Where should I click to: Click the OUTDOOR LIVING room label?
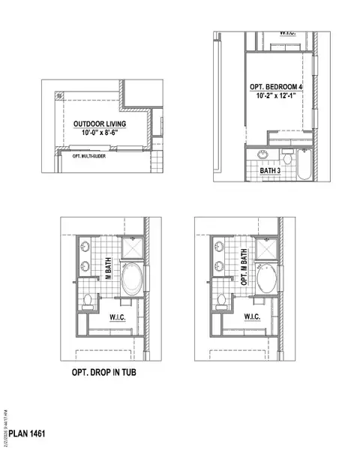[99, 124]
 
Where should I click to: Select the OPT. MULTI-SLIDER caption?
[88, 156]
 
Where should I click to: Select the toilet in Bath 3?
[286, 158]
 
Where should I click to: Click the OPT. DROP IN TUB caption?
[100, 371]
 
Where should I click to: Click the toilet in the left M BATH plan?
[86, 301]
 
